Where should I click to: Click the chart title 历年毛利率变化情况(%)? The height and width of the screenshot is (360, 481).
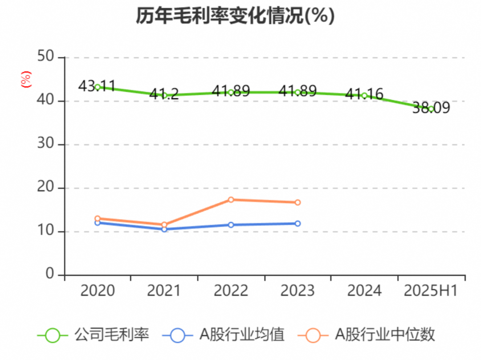[235, 16]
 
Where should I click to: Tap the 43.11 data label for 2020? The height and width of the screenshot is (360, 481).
[97, 86]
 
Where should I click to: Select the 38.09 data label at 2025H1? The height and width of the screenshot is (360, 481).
[431, 108]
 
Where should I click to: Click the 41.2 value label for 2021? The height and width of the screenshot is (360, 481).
[164, 94]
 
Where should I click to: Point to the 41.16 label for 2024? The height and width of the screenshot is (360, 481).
[364, 94]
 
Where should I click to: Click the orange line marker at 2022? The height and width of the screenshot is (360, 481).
[231, 200]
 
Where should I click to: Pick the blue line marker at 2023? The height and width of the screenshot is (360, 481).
[298, 223]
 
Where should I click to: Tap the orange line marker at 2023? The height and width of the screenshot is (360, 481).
[298, 202]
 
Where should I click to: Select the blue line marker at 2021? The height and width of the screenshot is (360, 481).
[164, 229]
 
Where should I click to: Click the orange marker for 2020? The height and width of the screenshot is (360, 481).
[98, 218]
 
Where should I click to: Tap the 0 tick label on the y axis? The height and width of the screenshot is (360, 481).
[50, 274]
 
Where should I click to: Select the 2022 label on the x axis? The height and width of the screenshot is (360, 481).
[231, 291]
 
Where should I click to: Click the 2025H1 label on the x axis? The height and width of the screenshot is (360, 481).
[431, 291]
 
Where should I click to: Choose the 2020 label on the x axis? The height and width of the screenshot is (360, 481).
[98, 291]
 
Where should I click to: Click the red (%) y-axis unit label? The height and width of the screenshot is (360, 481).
[26, 79]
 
